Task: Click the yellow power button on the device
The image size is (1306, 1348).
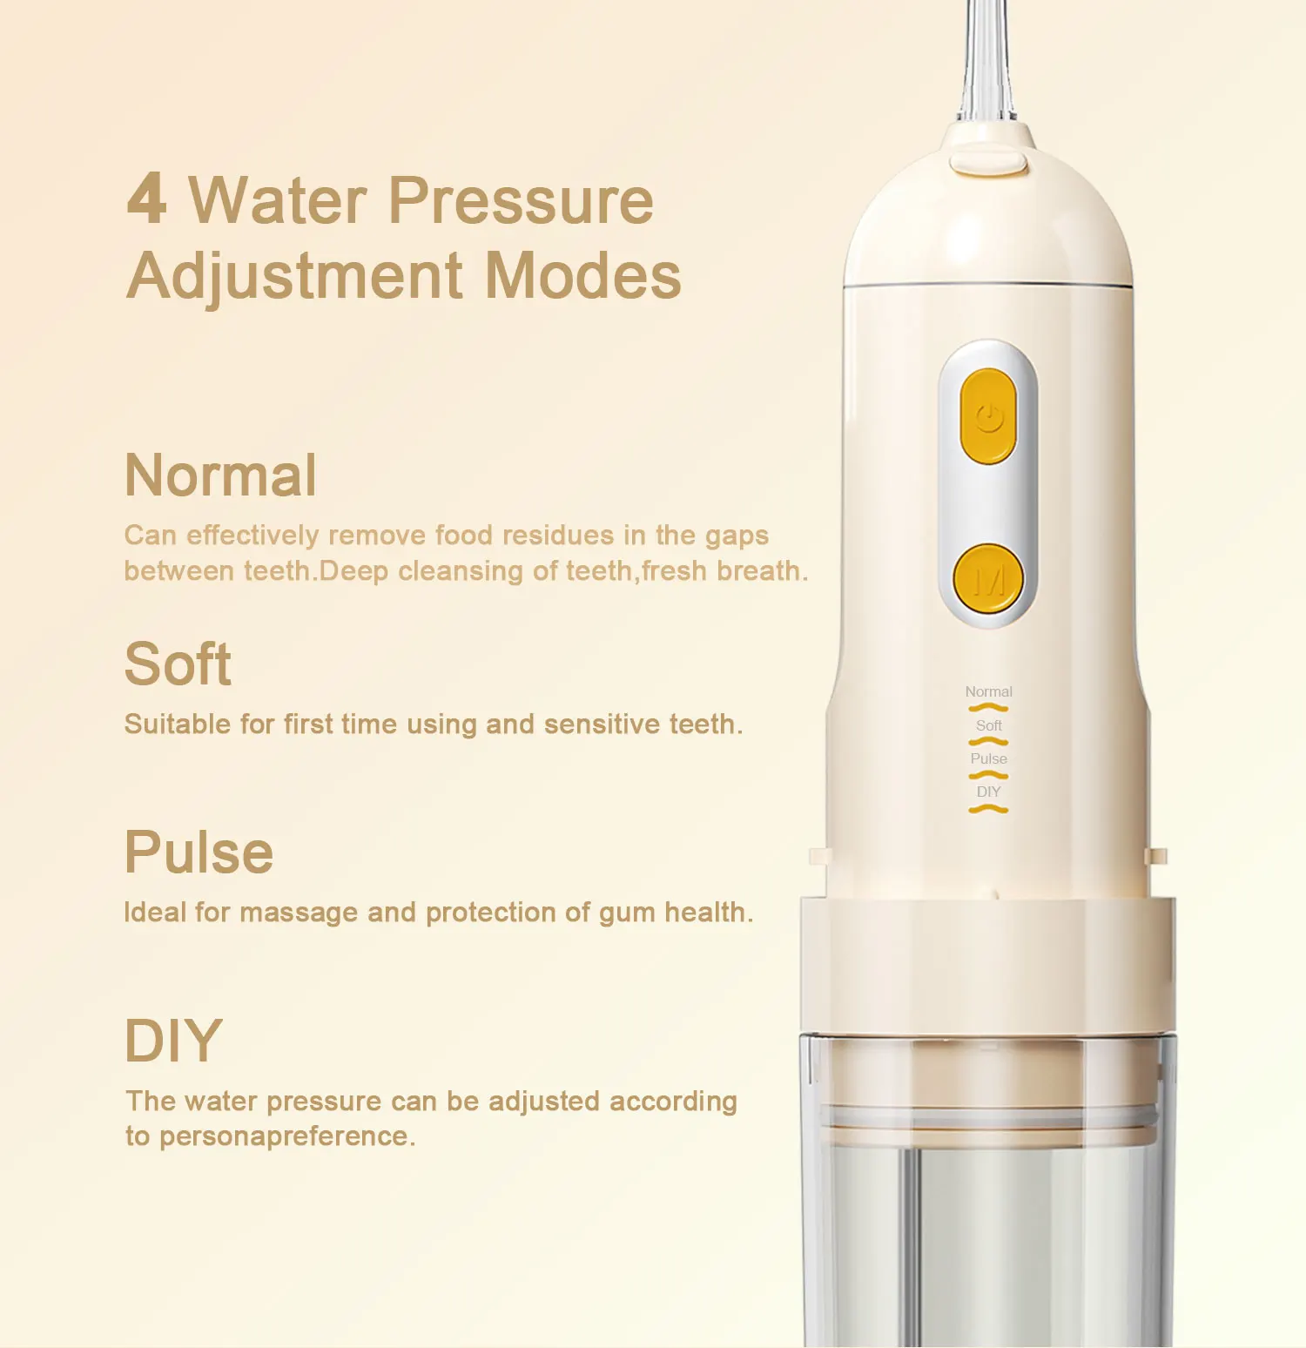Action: click(x=988, y=416)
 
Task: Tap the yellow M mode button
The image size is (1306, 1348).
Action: click(x=988, y=579)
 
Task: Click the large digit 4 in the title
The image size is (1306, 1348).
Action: click(x=146, y=199)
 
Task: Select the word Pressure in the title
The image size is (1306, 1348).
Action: click(x=520, y=200)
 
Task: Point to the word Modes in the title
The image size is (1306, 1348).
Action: click(x=582, y=276)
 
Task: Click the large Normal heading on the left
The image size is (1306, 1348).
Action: click(x=220, y=475)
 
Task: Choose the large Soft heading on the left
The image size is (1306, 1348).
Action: click(x=178, y=664)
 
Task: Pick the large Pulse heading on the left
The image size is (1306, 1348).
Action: click(x=199, y=853)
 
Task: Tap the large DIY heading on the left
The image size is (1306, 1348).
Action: click(x=173, y=1041)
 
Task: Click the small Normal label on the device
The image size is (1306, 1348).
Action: click(x=988, y=691)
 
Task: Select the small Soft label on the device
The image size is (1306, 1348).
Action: click(x=988, y=725)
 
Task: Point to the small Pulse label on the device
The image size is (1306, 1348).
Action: click(x=988, y=758)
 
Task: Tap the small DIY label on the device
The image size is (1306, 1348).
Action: click(x=988, y=792)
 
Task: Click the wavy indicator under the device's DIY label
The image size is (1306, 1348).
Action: click(x=988, y=810)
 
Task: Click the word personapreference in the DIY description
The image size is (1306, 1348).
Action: click(x=287, y=1136)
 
